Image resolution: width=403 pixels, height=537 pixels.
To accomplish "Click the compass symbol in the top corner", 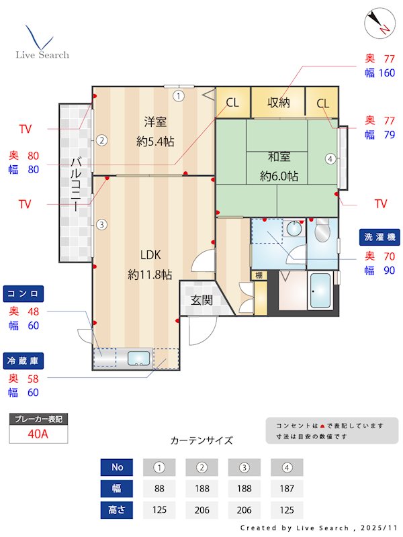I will (x=377, y=23).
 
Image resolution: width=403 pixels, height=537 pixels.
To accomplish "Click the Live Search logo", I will (x=42, y=43).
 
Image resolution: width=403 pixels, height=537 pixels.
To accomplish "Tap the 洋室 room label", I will (x=155, y=122).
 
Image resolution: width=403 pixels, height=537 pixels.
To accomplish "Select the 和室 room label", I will (x=279, y=157).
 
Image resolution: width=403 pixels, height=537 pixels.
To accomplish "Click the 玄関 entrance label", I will (x=201, y=300).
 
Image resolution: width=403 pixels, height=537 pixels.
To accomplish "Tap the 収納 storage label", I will (x=278, y=103).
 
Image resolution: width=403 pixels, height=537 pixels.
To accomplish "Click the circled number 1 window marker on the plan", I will (x=178, y=96).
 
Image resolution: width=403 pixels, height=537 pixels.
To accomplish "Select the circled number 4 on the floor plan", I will (x=330, y=159).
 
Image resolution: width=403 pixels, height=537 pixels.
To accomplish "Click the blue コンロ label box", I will (x=25, y=293).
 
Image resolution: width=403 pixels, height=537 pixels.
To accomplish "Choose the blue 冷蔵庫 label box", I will (x=25, y=360).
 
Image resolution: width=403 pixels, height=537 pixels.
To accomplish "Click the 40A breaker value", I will (x=38, y=434).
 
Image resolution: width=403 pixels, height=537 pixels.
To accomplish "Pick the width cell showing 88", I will (x=159, y=489).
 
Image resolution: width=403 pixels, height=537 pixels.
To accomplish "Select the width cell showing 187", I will (x=287, y=489).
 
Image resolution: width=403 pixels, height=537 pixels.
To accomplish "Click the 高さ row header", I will (x=117, y=509).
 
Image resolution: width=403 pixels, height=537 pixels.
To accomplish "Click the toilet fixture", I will (x=322, y=232).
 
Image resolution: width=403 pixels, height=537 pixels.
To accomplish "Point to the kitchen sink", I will (x=140, y=359).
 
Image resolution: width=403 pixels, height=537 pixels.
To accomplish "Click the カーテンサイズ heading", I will (x=201, y=440).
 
